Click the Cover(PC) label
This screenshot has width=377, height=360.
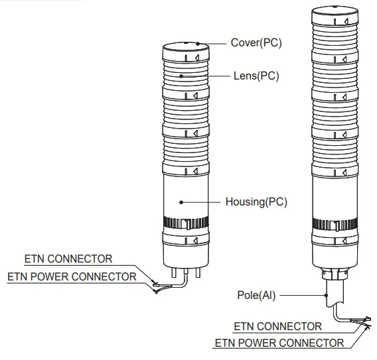[x=256, y=43]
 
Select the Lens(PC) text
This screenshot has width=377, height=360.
[x=256, y=76]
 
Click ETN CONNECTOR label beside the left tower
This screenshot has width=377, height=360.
[x=68, y=258]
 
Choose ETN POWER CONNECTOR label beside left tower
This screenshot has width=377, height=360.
[x=71, y=276]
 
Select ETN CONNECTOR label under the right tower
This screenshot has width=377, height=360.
[x=277, y=326]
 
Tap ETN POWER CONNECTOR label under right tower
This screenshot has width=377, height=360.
[x=279, y=343]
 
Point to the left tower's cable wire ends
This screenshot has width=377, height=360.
[x=156, y=286]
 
